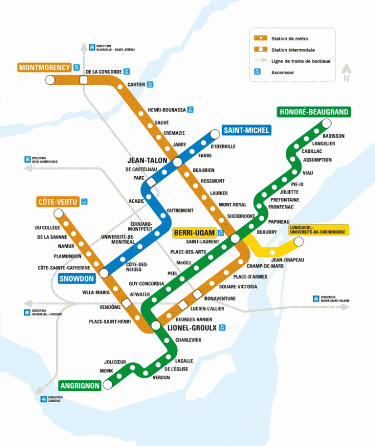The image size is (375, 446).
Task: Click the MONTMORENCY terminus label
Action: click(x=45, y=67)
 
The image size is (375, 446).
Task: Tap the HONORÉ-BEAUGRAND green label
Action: click(x=314, y=112)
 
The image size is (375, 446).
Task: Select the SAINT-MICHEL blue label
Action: click(x=246, y=130)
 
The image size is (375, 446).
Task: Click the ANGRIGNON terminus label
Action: click(x=79, y=385)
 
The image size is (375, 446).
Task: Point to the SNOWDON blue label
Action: click(x=76, y=278)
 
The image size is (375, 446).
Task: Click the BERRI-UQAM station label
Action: click(x=194, y=232)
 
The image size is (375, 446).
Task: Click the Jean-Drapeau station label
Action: click(x=288, y=260)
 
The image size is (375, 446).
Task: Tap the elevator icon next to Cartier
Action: click(x=150, y=85)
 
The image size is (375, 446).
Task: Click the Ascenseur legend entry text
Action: click(x=283, y=72)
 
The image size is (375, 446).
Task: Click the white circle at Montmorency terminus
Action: click(x=50, y=80)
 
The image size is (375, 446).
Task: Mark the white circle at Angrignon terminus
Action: click(x=107, y=385)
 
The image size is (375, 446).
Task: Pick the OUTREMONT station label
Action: click(x=181, y=210)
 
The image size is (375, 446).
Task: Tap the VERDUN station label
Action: click(x=161, y=377)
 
